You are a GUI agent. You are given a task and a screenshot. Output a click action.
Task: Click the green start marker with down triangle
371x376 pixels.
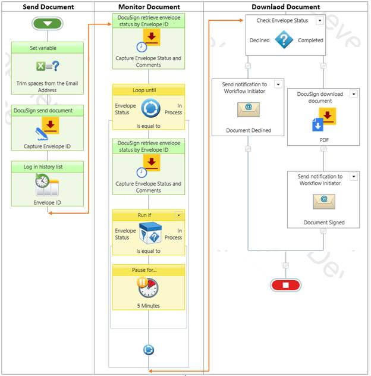(x=48, y=24)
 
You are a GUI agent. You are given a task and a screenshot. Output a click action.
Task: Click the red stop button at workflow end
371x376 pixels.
(x=285, y=285)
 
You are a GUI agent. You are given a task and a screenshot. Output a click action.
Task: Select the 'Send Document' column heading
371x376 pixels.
(x=48, y=7)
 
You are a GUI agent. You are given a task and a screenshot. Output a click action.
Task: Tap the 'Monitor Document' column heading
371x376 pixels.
(x=149, y=7)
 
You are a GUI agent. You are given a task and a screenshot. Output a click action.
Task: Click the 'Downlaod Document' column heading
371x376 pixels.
(x=285, y=7)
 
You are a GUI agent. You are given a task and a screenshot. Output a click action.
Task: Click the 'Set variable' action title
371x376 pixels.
(x=48, y=48)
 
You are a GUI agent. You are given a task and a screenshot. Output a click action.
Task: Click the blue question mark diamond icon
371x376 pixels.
(x=284, y=40)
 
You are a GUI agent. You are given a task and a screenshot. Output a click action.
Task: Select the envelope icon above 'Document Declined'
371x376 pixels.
(x=248, y=109)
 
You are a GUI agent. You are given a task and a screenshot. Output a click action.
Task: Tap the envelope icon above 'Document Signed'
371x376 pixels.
(x=324, y=201)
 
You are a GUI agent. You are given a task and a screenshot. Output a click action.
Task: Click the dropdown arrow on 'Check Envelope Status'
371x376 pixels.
(x=320, y=20)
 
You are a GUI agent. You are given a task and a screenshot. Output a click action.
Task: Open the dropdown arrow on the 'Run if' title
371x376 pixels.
(x=178, y=215)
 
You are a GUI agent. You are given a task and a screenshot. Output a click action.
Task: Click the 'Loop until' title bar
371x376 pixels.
(x=149, y=90)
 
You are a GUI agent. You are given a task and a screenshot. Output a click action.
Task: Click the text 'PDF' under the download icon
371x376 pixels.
(x=324, y=140)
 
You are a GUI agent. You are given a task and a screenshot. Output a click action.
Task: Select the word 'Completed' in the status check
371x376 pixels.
(x=310, y=40)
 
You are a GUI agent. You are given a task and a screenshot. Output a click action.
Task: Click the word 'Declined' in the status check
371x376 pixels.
(x=259, y=40)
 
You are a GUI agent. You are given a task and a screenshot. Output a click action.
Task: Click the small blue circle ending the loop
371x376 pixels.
(x=149, y=350)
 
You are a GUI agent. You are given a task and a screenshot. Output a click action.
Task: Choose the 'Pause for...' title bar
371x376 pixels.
(x=149, y=270)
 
